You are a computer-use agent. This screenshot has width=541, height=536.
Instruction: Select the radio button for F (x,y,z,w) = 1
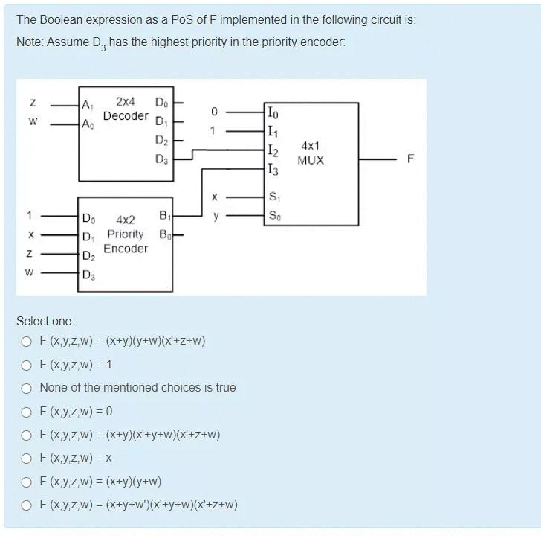[x=27, y=365]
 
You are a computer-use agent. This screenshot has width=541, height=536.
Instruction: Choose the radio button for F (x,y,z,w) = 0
[x=27, y=412]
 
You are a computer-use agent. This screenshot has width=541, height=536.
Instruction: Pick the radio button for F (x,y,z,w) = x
[x=27, y=458]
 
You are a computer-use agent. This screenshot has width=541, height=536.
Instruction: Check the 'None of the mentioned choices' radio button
[x=27, y=388]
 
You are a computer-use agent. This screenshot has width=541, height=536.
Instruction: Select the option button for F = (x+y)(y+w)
[x=27, y=481]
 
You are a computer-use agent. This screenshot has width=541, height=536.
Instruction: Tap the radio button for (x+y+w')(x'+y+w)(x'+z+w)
[x=27, y=505]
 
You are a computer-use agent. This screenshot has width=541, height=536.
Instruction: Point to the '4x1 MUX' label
[x=311, y=154]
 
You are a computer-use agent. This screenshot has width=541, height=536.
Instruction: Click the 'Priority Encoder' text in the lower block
[x=126, y=240]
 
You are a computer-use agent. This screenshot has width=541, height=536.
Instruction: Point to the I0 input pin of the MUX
[x=273, y=112]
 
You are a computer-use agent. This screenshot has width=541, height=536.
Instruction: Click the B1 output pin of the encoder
[x=164, y=217]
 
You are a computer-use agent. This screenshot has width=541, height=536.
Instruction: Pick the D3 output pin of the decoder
[x=161, y=159]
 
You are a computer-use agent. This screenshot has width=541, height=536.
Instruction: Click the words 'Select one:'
[x=45, y=321]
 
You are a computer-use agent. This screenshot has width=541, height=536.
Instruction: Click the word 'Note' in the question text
[x=29, y=42]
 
